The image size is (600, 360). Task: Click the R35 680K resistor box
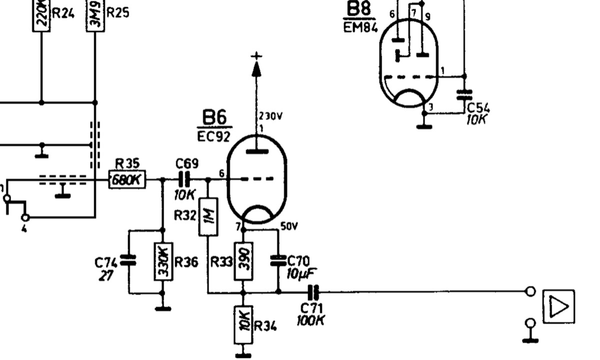pos(127,179)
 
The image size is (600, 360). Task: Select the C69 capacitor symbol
pos(184,179)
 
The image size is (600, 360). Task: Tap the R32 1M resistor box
pos(208,217)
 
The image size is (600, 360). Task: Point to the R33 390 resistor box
pos(243,261)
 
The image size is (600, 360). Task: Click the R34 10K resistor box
pos(243,324)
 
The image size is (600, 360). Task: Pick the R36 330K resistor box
pos(163,261)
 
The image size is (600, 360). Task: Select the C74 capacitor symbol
pos(128,260)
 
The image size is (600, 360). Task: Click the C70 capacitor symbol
pos(278,261)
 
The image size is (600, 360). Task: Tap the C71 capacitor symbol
pos(313,292)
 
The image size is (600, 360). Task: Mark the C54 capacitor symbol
pos(464,95)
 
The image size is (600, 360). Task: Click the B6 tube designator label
pos(214,117)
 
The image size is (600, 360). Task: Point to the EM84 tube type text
pos(360,27)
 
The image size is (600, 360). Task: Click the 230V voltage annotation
pos(270,116)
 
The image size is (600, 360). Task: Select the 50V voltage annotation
pos(289,227)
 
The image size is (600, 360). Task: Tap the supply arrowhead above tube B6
pos(256,69)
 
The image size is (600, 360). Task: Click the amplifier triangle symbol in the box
pos(558,306)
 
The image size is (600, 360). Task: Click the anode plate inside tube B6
pos(257,152)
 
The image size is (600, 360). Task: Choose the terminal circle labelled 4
pos(25,217)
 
